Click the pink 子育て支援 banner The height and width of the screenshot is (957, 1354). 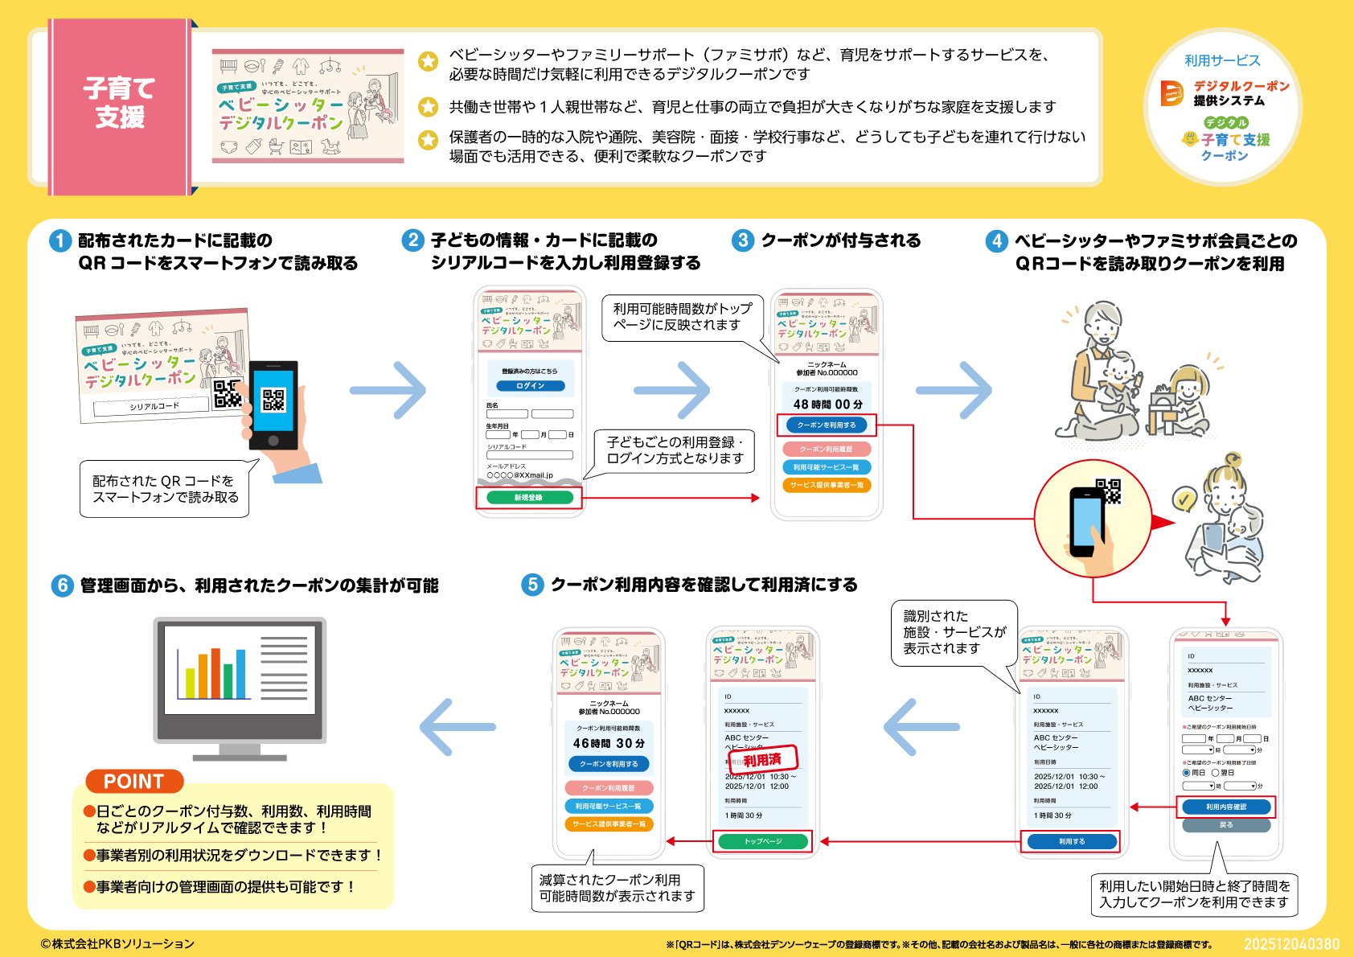click(x=119, y=105)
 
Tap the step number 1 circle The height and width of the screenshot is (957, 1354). click(x=60, y=240)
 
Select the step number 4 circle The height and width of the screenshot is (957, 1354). click(x=996, y=240)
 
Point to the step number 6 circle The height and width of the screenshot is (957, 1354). click(x=62, y=585)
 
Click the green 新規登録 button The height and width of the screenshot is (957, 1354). click(x=528, y=498)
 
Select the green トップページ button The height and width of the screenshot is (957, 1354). click(x=762, y=841)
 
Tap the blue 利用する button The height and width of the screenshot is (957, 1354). click(x=1071, y=841)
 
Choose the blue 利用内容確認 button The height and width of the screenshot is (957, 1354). click(x=1225, y=807)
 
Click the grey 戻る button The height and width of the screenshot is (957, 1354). click(x=1225, y=825)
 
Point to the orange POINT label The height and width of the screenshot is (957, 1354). click(x=133, y=781)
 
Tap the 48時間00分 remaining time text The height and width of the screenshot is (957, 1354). click(x=827, y=405)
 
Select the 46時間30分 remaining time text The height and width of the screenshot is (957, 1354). click(x=609, y=744)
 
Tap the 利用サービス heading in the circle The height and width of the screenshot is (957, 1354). click(x=1221, y=60)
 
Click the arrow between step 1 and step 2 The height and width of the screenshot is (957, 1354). click(x=389, y=391)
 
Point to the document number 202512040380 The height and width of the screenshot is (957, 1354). click(x=1291, y=944)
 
